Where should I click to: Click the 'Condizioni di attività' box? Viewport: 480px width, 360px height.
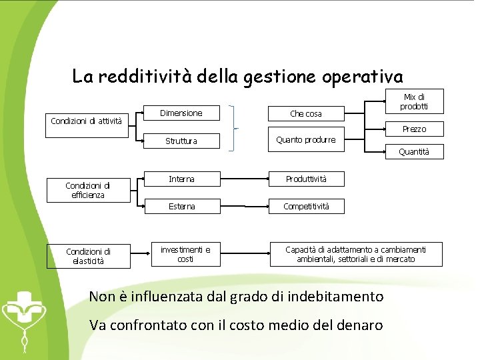87,121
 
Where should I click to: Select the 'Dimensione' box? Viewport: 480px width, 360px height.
181,113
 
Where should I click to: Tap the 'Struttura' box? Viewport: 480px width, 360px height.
181,141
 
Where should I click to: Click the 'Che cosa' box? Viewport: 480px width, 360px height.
305,114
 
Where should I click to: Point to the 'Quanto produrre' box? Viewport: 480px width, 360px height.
306,140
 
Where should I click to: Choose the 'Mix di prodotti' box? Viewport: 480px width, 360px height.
413,102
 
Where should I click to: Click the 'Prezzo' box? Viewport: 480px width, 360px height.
414,129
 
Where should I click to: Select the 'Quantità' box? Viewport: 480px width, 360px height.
414,152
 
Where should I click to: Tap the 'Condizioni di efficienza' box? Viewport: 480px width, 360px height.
87,191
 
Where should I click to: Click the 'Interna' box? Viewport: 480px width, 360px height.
181,179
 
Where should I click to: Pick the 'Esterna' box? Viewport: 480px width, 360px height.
181,207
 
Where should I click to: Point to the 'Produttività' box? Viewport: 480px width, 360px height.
306,179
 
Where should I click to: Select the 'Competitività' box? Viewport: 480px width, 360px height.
306,207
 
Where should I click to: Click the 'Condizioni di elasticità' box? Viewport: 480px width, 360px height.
88,256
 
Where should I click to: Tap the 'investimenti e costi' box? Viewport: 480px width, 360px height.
185,254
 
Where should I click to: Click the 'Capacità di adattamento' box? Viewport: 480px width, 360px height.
355,254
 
